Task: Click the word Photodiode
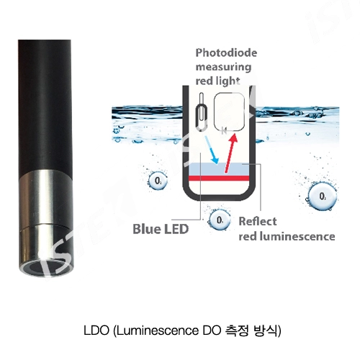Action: tap(226, 53)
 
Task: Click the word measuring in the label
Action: tap(223, 67)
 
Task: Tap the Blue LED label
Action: tap(161, 229)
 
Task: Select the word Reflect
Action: tap(258, 221)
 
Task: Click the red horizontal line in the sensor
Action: tap(219, 178)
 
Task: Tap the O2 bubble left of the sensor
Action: tap(158, 181)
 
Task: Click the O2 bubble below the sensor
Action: tap(219, 220)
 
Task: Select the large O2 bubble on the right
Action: tap(323, 197)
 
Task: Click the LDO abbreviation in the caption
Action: tap(96, 330)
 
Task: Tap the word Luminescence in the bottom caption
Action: tap(158, 330)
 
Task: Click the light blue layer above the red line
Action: tap(219, 169)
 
